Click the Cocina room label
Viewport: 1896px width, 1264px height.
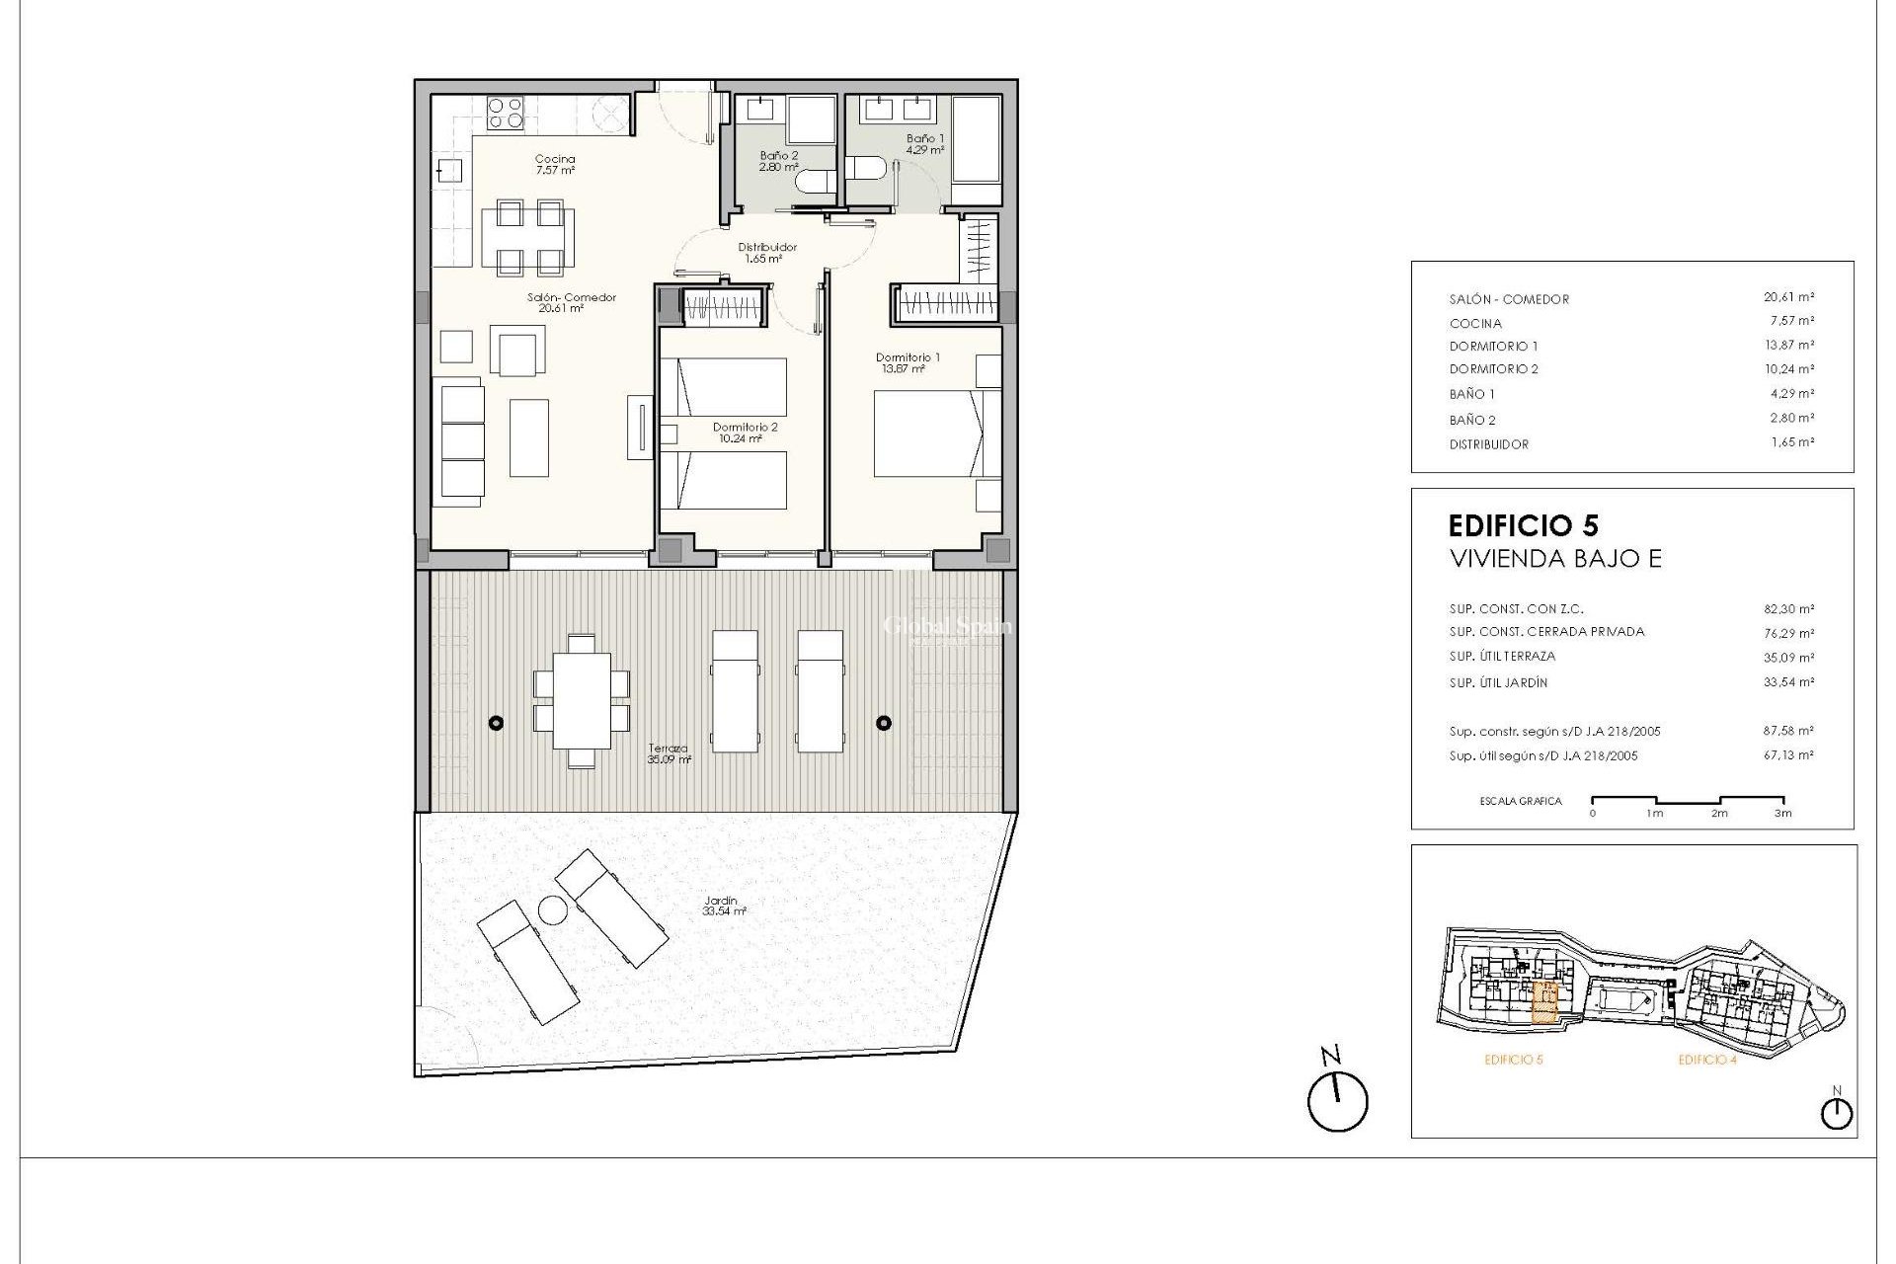pos(554,164)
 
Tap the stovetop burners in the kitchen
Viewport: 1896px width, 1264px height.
pos(506,112)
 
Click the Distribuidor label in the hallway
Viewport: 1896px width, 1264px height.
pos(766,253)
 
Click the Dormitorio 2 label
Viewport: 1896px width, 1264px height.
pos(745,433)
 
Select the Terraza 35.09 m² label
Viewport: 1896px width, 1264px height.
pos(669,754)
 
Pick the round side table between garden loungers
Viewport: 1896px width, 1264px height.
pos(550,910)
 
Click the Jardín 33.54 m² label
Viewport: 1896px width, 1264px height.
pos(724,906)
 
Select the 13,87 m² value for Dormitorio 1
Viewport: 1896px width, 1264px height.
pos(1790,345)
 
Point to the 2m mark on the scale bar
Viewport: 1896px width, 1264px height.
pos(1719,813)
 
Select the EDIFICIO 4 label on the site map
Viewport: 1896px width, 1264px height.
pos(1707,1060)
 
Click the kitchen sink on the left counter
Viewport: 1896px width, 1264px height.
pos(449,170)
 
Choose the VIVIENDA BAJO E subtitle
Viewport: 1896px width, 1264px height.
pos(1555,559)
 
